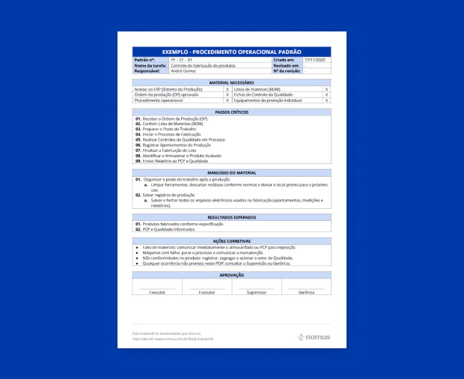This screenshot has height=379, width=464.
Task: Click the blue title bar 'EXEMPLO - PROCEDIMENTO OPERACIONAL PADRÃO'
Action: click(231, 51)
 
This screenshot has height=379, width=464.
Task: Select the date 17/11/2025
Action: click(315, 59)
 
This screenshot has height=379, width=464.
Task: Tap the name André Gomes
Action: click(183, 70)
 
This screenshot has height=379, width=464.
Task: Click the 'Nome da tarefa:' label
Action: click(149, 65)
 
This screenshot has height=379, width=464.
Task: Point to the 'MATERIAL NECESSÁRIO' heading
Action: click(231, 82)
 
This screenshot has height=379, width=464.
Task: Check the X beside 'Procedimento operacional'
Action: click(227, 100)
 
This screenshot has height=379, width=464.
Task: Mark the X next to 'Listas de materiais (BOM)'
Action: click(326, 89)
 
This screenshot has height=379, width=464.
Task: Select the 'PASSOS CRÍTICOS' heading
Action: click(231, 112)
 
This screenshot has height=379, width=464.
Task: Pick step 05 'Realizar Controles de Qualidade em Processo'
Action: click(183, 139)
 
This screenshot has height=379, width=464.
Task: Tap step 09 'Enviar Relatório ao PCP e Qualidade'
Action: click(176, 160)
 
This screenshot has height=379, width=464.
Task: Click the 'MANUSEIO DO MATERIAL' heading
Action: click(231, 173)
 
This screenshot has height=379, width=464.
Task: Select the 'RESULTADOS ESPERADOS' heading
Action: click(231, 217)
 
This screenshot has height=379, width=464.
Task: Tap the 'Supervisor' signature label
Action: click(257, 292)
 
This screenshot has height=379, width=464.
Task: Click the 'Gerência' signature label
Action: click(306, 292)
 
